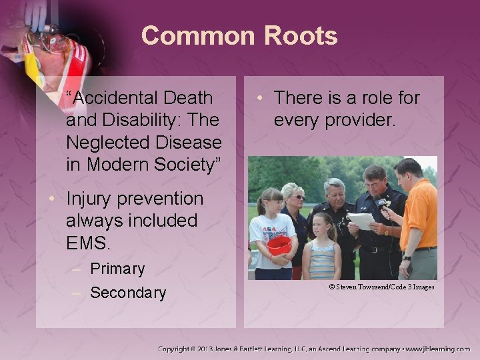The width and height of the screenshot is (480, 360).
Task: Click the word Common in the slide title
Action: (193, 35)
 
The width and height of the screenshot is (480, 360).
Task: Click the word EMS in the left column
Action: (88, 242)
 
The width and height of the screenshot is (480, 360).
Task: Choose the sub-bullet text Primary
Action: (117, 269)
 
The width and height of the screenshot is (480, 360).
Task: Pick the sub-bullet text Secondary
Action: (128, 293)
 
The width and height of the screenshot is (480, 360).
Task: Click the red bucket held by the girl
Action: (279, 245)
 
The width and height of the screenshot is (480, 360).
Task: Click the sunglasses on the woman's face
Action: (297, 197)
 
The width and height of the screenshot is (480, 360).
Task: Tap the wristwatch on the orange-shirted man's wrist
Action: (407, 257)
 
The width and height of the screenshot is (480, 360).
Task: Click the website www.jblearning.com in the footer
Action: (437, 349)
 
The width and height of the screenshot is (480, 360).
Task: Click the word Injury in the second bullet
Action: (91, 199)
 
